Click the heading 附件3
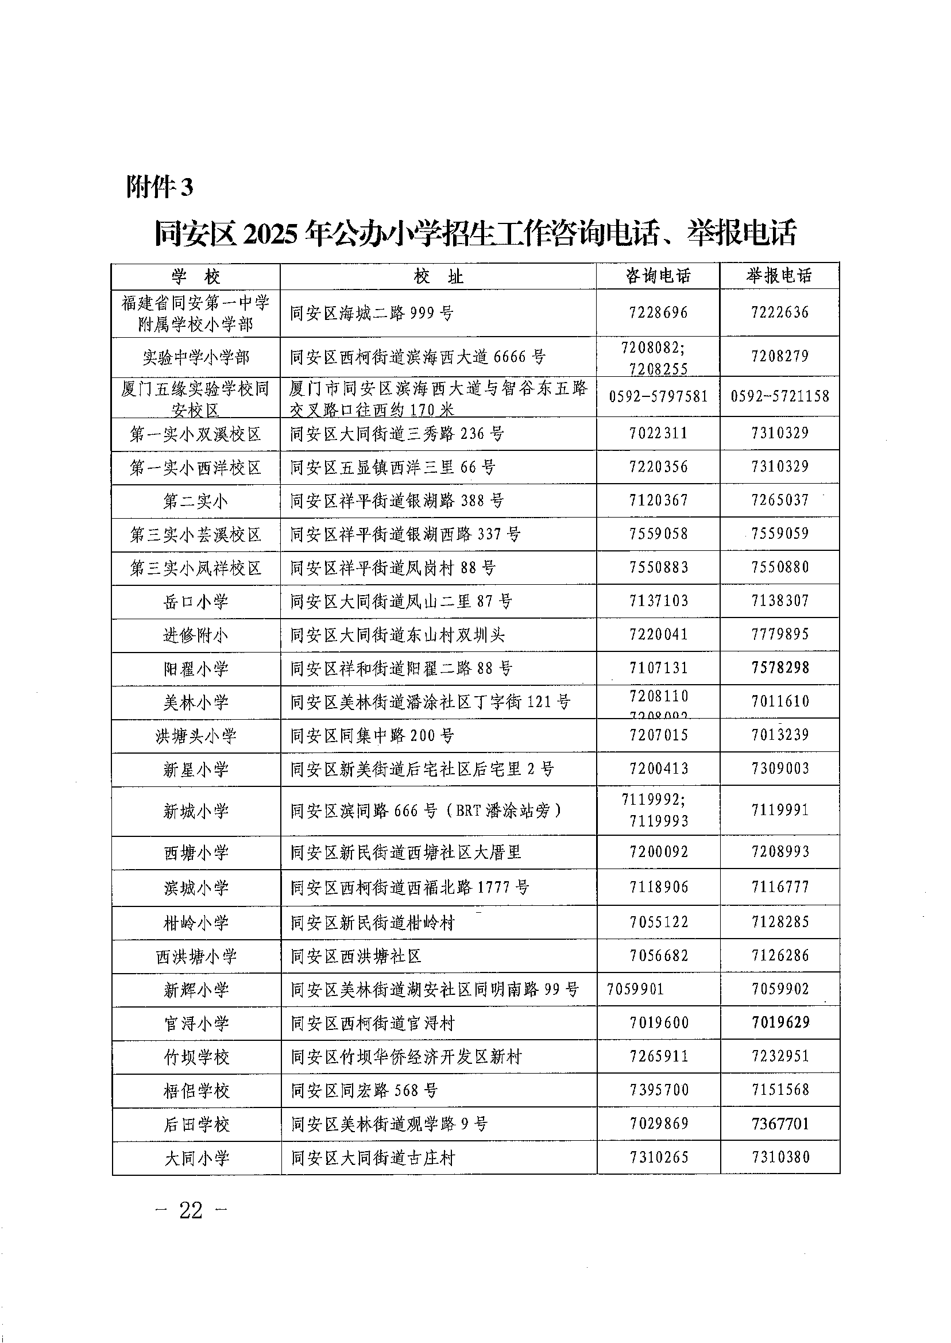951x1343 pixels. tap(159, 187)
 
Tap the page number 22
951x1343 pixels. tap(191, 1209)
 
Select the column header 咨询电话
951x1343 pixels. tap(658, 276)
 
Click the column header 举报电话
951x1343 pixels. tap(779, 276)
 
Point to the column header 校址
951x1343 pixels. tap(438, 276)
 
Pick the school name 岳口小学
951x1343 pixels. tap(196, 601)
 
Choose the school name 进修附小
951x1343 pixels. tap(196, 635)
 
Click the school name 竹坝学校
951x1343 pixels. tap(196, 1057)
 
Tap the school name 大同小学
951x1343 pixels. tap(196, 1158)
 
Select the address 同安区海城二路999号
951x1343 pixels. tap(372, 313)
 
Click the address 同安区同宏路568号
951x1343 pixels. tap(364, 1090)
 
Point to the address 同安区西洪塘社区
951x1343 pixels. tap(356, 956)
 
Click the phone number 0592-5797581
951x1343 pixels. tap(658, 396)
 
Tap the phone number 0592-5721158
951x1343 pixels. tap(780, 396)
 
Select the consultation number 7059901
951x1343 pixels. tap(635, 989)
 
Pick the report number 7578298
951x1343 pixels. tap(780, 667)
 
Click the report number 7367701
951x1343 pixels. tap(780, 1124)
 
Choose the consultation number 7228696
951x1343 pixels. tap(659, 312)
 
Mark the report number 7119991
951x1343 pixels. tap(780, 810)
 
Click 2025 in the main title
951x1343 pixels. tap(270, 233)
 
